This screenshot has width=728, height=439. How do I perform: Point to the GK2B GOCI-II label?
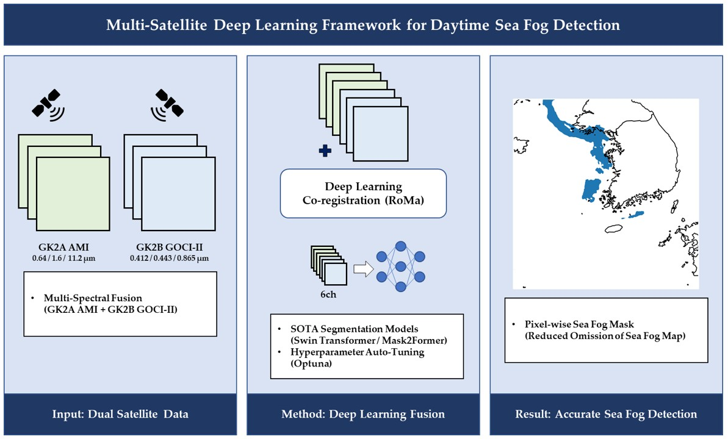tap(169, 248)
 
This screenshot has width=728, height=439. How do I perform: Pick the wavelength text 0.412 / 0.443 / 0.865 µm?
tap(169, 258)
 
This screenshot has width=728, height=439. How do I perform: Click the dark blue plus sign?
tap(325, 151)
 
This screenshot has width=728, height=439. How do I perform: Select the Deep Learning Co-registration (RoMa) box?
tap(363, 193)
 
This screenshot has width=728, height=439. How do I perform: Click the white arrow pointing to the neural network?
tap(363, 268)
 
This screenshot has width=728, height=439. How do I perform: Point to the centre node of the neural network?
tap(401, 267)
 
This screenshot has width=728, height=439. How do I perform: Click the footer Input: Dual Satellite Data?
tap(120, 415)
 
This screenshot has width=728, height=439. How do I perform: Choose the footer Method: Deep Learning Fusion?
tap(363, 415)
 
